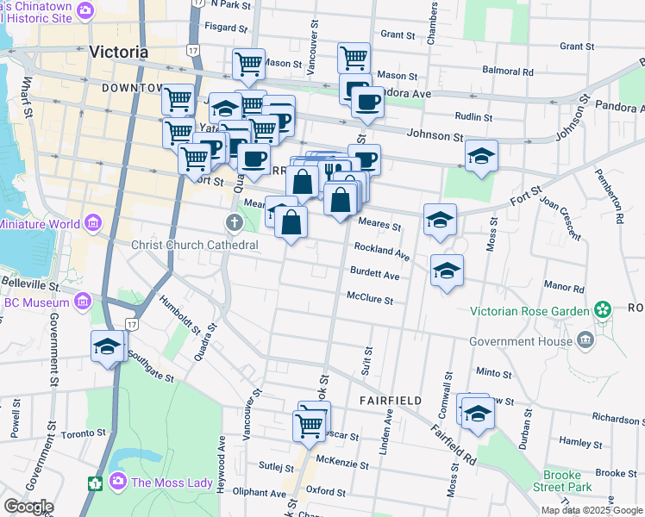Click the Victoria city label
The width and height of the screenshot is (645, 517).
pyautogui.click(x=119, y=53)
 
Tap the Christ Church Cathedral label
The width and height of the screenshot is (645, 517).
pyautogui.click(x=195, y=245)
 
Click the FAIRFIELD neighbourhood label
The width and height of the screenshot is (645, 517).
pyautogui.click(x=386, y=401)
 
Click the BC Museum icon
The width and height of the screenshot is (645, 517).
pyautogui.click(x=83, y=302)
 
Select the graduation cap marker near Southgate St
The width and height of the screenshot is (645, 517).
pyautogui.click(x=108, y=348)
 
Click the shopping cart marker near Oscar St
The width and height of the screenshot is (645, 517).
pyautogui.click(x=310, y=425)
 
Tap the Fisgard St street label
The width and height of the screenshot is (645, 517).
pyautogui.click(x=205, y=27)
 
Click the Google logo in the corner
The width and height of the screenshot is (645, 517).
pyautogui.click(x=28, y=507)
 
